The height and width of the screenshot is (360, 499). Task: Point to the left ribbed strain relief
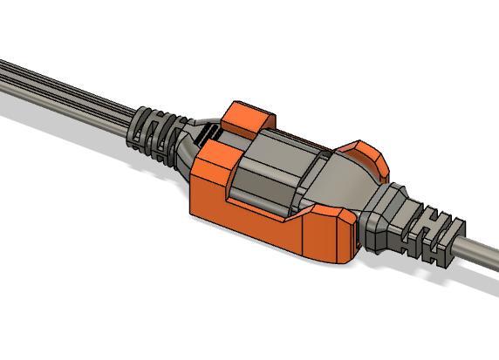point(154,135)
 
